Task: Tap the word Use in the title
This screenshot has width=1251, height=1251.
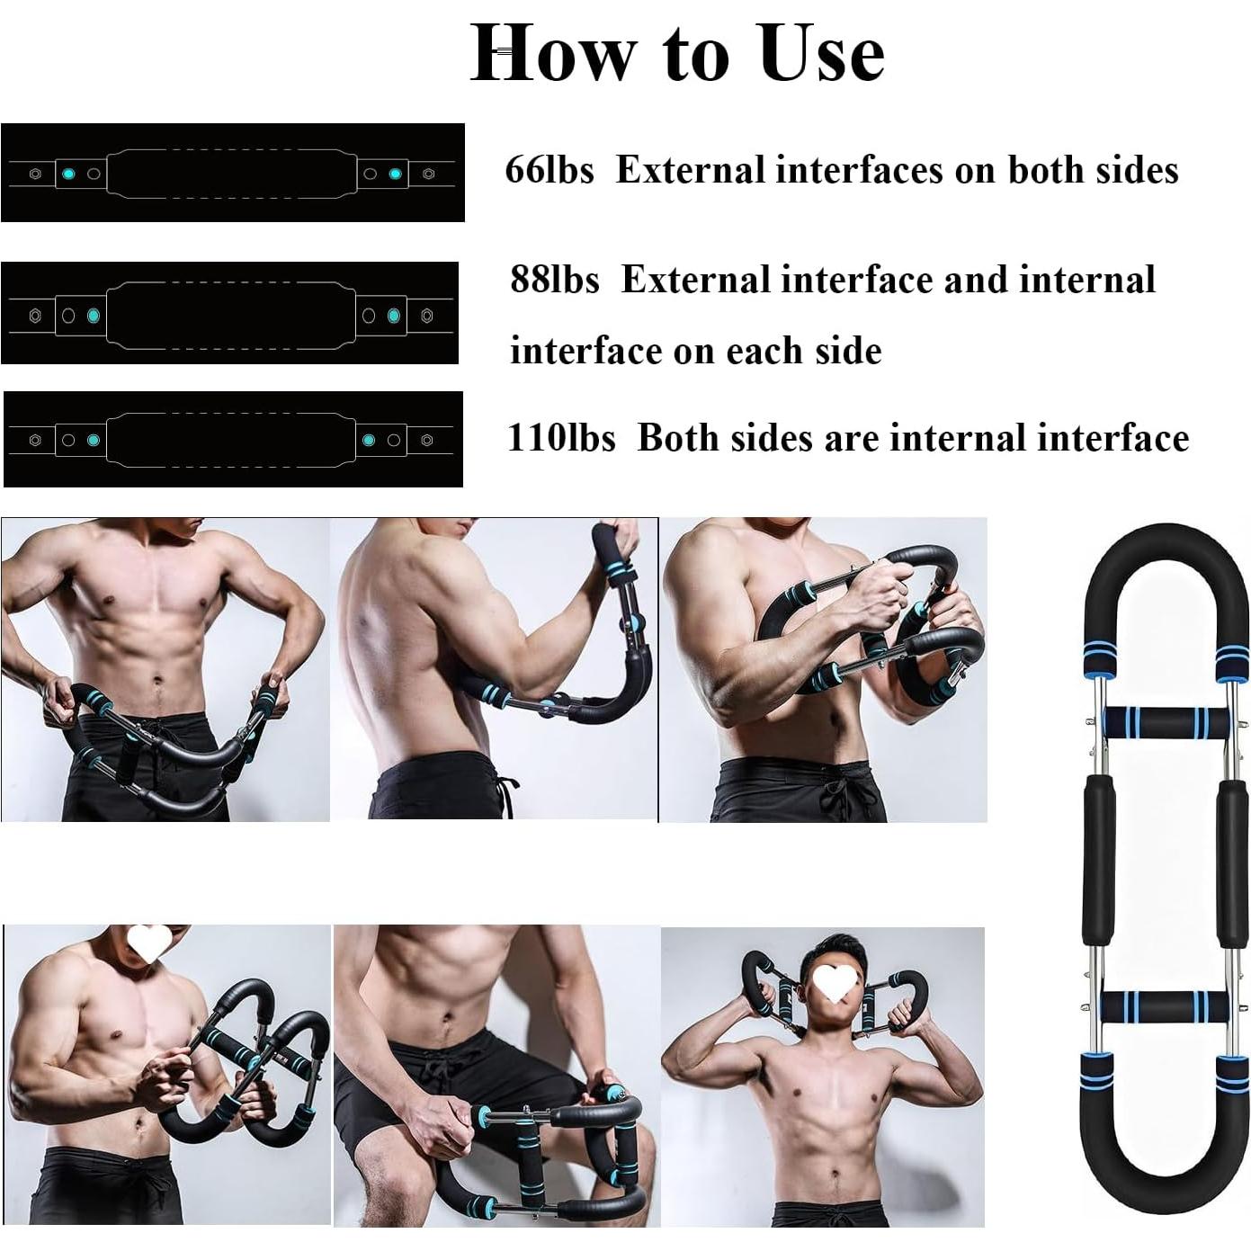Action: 821,52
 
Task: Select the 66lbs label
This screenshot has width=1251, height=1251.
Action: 550,170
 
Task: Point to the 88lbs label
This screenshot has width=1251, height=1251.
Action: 554,280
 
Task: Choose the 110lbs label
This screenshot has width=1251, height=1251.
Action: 561,438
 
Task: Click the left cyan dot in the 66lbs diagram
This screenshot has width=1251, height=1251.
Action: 68,174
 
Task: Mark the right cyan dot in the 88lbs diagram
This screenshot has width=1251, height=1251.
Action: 393,316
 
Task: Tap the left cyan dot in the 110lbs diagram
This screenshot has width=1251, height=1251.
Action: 93,440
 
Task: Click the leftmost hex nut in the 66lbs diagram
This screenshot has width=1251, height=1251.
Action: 35,174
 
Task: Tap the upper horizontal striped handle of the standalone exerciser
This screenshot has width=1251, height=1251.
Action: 1166,722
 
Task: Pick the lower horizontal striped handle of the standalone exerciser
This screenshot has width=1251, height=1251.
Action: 1166,1004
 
